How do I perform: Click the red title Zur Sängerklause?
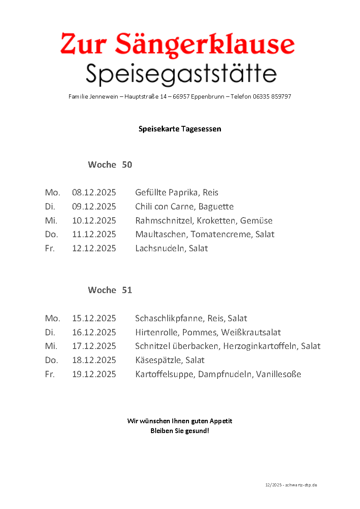[x=177, y=44]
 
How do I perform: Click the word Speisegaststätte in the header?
[x=181, y=74]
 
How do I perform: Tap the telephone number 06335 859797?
[x=272, y=97]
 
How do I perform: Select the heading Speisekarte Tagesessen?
[x=180, y=129]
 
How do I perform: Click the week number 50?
[x=127, y=165]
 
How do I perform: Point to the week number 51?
[x=127, y=290]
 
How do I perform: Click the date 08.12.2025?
[x=94, y=193]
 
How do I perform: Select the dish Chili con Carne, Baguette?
[x=184, y=207]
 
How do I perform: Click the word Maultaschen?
[x=161, y=235]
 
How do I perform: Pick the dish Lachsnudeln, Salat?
[x=171, y=249]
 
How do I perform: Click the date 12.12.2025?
[x=94, y=249]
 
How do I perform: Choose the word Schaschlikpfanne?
[x=169, y=319]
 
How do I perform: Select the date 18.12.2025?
[x=94, y=361]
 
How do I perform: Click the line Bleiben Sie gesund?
[x=180, y=431]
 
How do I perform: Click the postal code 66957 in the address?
[x=181, y=97]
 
